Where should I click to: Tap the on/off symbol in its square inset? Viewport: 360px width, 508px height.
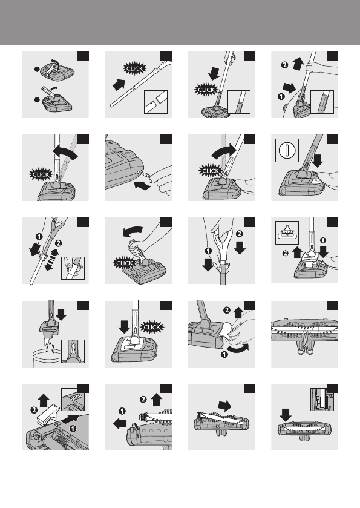(287, 150)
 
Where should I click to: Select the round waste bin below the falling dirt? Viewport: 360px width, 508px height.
(48, 358)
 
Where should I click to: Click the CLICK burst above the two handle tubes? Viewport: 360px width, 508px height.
(134, 68)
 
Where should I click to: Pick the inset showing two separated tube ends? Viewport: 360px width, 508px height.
(155, 102)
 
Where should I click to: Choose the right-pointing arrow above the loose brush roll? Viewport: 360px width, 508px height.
(224, 406)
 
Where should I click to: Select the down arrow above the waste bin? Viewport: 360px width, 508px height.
(61, 315)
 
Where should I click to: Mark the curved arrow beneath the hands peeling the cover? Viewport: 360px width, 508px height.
(238, 349)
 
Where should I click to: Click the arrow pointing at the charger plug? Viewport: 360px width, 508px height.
(142, 185)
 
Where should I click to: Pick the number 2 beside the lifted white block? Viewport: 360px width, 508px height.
(34, 410)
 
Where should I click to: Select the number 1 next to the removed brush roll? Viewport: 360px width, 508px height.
(122, 411)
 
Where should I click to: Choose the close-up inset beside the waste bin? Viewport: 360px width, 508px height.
(73, 352)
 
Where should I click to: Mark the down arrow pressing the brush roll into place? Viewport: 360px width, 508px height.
(285, 415)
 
